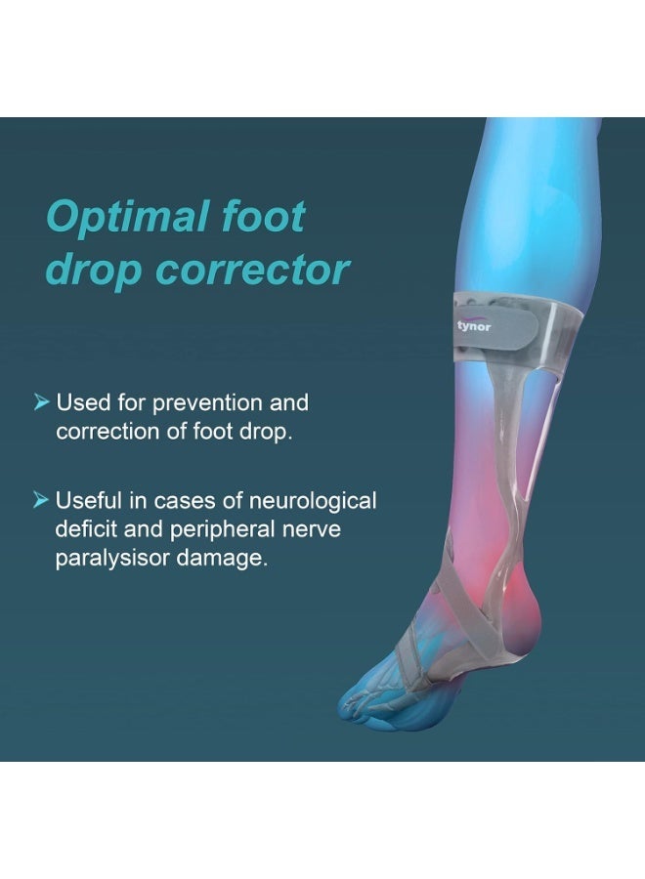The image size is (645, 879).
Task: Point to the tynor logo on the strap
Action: tap(474, 326)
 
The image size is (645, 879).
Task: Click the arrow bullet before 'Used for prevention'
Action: tap(40, 402)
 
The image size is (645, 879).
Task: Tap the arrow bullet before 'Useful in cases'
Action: tap(40, 501)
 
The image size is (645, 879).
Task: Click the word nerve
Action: tap(310, 531)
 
